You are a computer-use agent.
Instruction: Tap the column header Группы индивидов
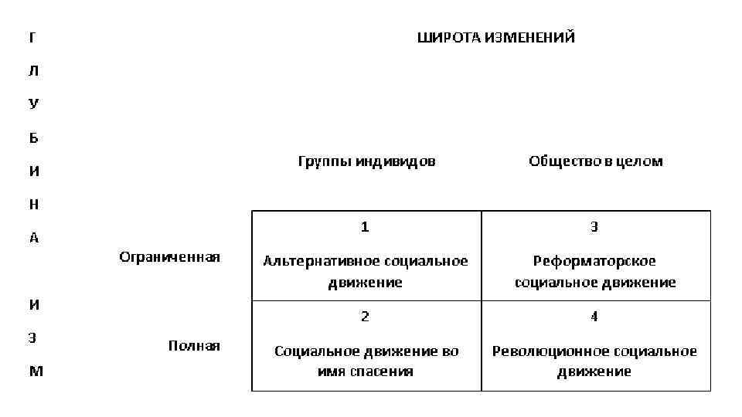coord(366,161)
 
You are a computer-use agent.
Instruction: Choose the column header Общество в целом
coord(595,161)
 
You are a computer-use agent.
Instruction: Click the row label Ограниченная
coord(169,257)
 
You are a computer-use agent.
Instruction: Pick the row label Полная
coord(194,345)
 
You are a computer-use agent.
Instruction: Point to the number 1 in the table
coord(365,227)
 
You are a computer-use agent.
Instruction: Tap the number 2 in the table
coord(365,317)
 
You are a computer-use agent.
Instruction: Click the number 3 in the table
coord(594,227)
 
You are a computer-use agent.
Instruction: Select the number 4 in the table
coord(594,317)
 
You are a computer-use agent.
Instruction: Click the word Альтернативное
coord(314,261)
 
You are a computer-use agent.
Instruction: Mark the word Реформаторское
coord(594,261)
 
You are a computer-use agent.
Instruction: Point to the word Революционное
coord(552,351)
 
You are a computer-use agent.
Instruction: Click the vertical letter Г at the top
coord(32,37)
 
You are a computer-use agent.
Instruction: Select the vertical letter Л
coord(33,70)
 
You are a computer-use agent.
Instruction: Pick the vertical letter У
coord(33,104)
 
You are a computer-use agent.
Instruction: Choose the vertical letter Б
coord(33,138)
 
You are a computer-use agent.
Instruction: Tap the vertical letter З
coord(32,337)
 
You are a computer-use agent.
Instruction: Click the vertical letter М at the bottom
coord(36,371)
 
